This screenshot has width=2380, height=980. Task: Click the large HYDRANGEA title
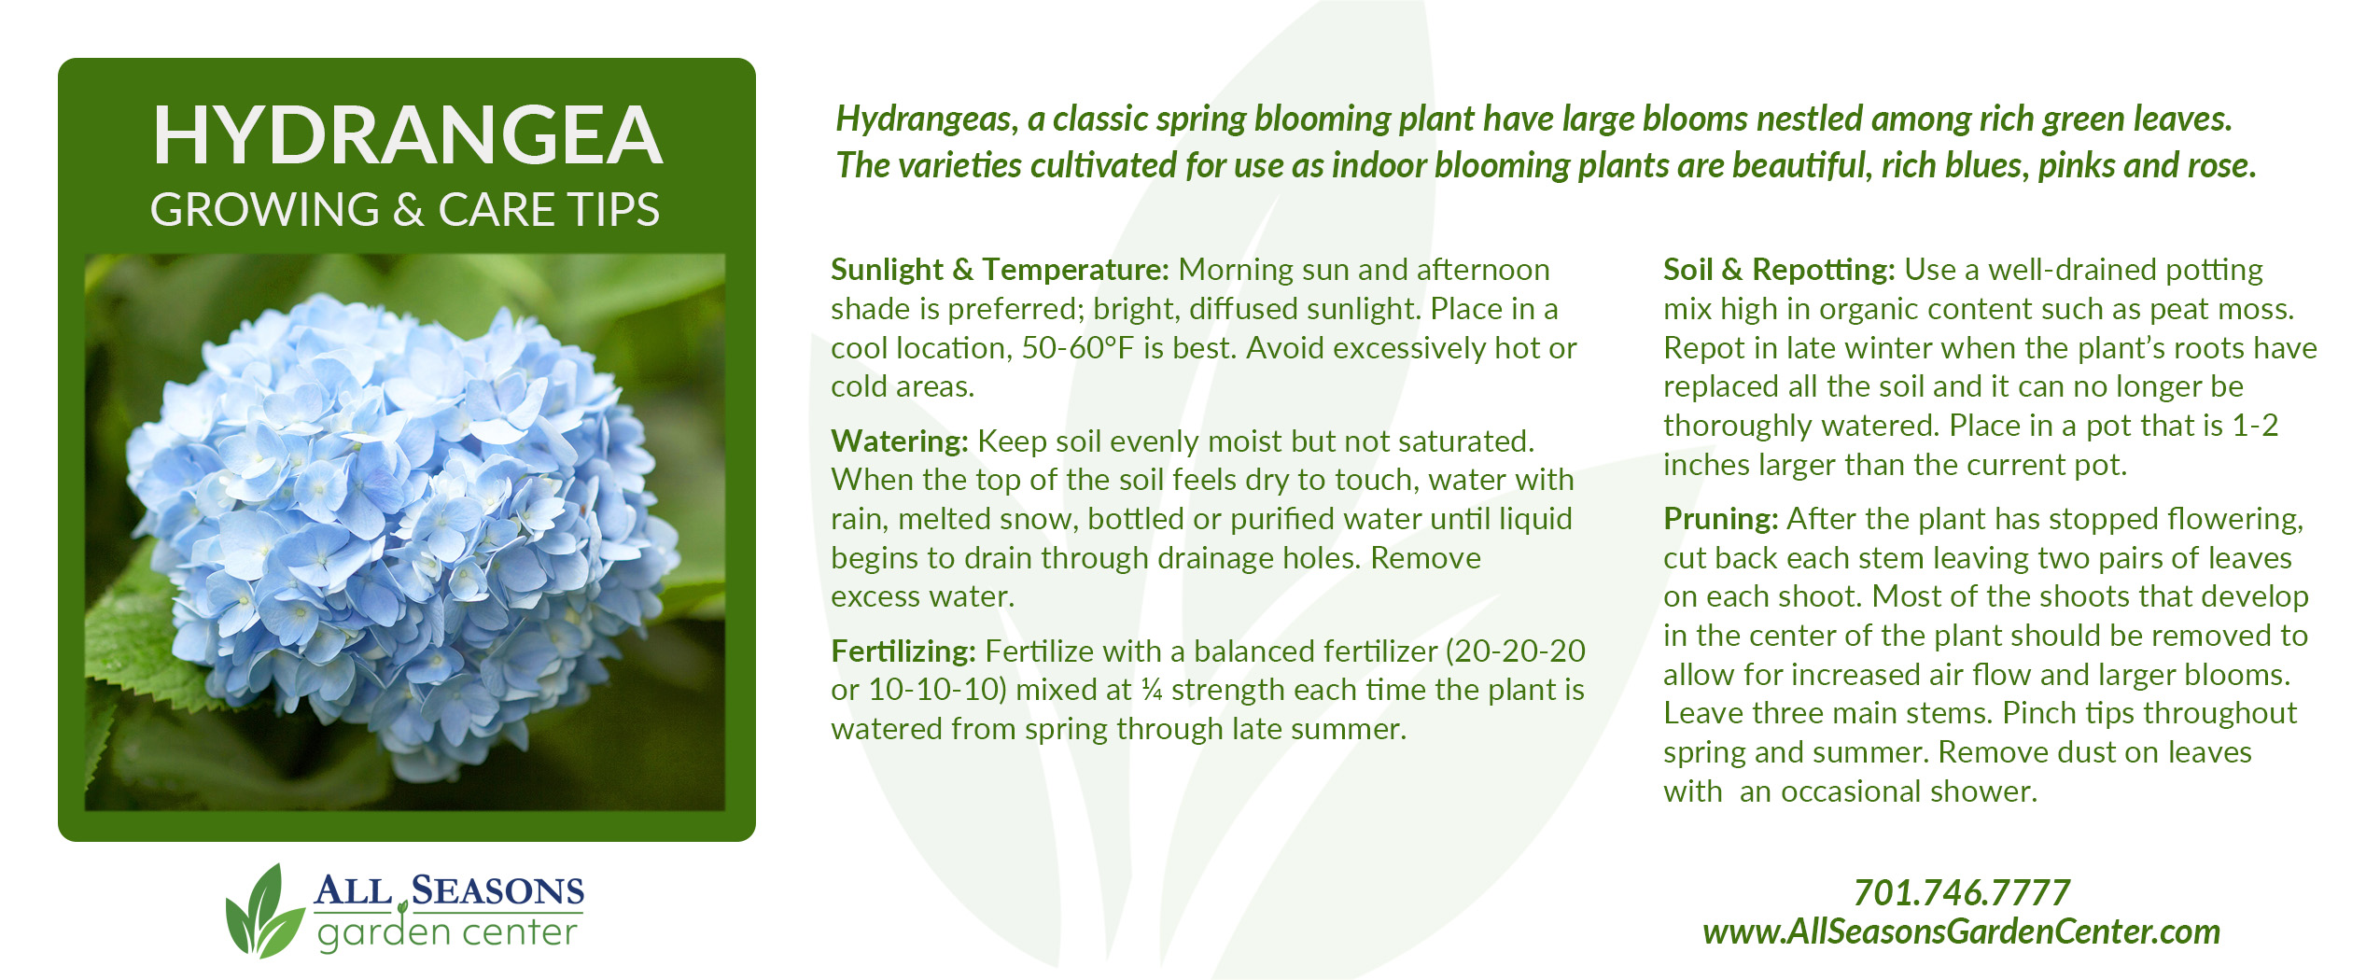(x=407, y=135)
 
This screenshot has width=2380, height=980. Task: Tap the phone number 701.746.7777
(x=1961, y=893)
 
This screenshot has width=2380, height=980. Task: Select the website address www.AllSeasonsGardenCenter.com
(x=1961, y=932)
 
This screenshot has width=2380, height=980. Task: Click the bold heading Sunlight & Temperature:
(x=1000, y=270)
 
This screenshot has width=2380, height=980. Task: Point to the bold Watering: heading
(x=900, y=441)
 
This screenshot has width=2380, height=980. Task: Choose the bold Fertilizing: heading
(x=903, y=651)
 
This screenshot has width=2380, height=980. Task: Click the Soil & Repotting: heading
(x=1779, y=270)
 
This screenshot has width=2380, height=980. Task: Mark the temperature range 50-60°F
(x=1078, y=348)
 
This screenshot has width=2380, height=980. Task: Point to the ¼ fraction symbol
(x=1152, y=690)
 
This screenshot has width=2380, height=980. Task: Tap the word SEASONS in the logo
(x=497, y=890)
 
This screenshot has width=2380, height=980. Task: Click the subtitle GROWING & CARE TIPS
(x=405, y=209)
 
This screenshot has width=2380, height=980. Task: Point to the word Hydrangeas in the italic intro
(x=927, y=119)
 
